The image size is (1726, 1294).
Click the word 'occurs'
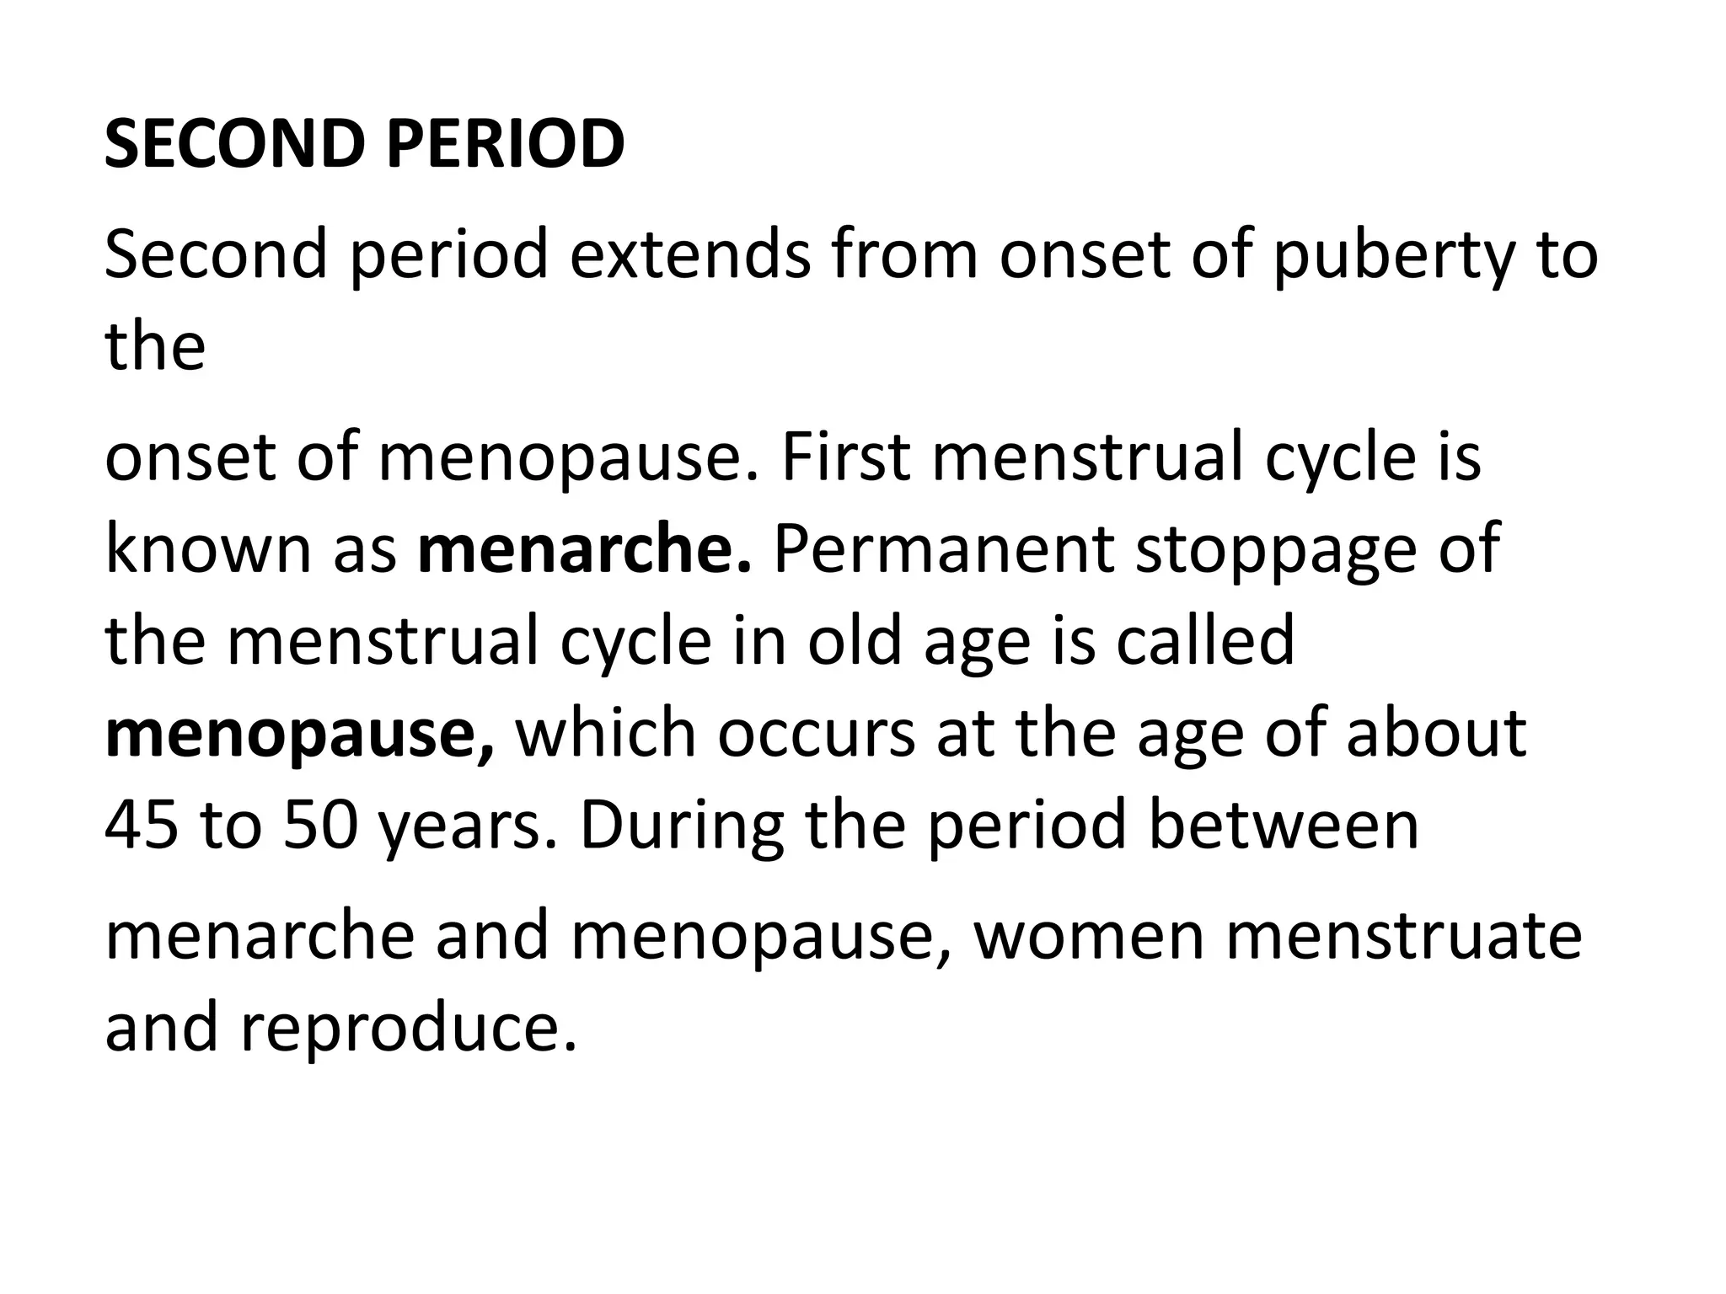tap(816, 733)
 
